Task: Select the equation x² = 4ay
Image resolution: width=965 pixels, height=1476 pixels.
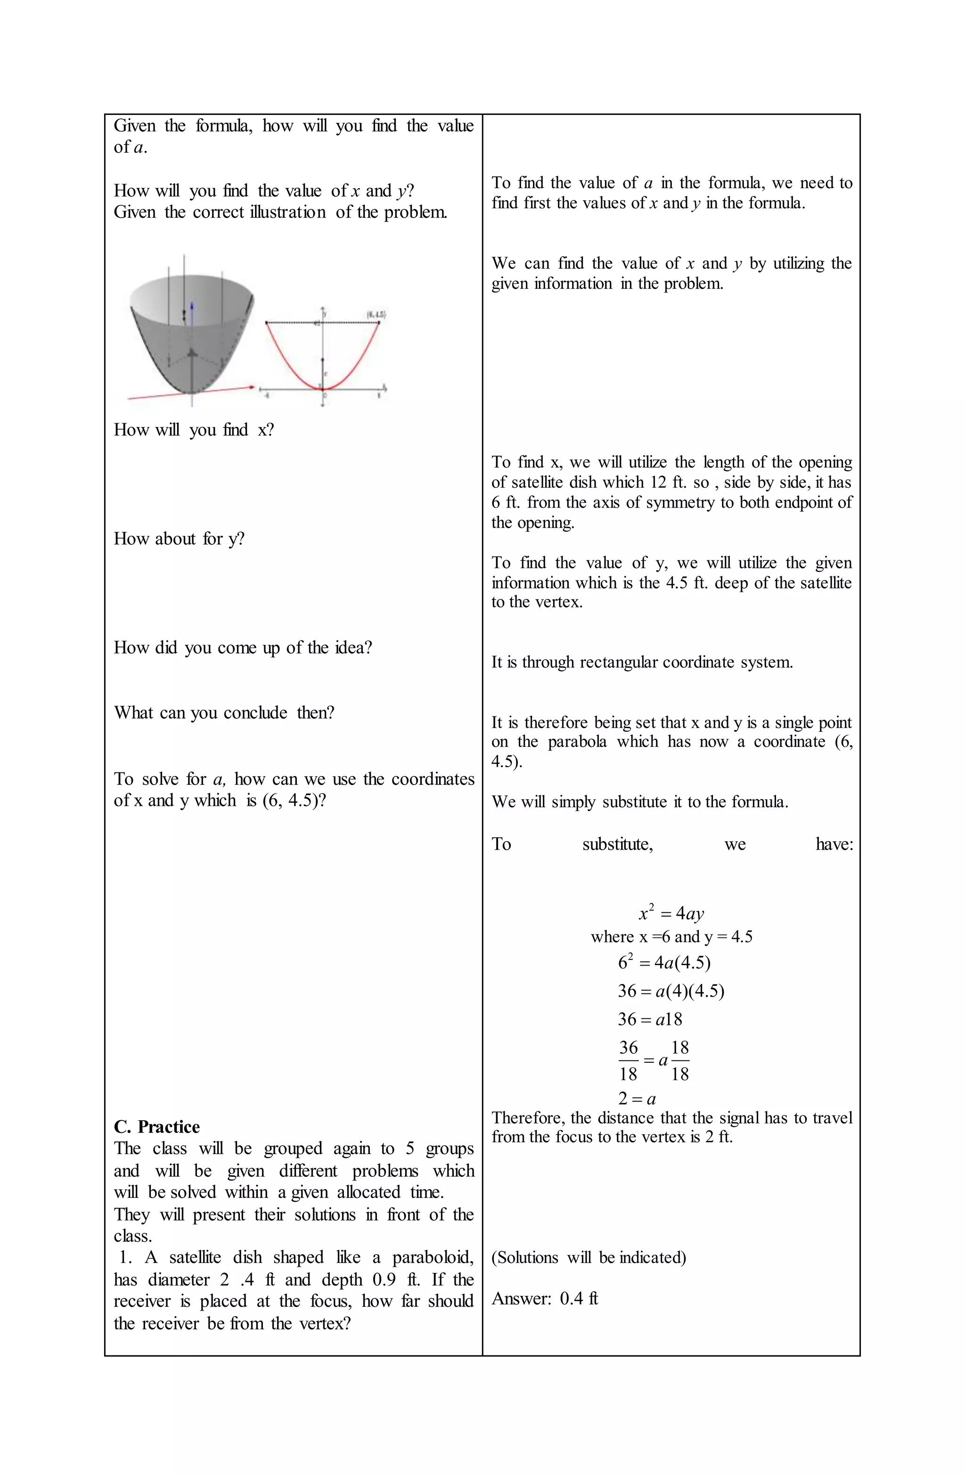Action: tap(671, 913)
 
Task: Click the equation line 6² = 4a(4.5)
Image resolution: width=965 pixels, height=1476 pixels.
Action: tap(663, 962)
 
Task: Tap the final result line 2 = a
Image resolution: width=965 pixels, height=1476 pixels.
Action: tap(637, 1099)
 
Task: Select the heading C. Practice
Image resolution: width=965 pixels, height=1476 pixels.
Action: tap(157, 1127)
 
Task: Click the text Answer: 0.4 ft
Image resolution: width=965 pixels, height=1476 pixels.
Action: tap(545, 1299)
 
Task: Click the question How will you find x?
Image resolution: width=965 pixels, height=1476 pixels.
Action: tap(194, 430)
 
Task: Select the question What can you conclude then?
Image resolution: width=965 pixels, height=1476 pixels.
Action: tap(224, 713)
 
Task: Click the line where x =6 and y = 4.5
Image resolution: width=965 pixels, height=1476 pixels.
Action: tap(671, 937)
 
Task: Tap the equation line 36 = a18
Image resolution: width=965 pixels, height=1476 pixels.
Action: tap(649, 1019)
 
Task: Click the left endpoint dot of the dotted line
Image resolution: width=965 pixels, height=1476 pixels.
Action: tap(267, 322)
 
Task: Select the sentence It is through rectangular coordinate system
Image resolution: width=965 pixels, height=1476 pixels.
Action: tap(642, 662)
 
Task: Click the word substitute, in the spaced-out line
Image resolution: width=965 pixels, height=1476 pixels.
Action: tap(617, 844)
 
